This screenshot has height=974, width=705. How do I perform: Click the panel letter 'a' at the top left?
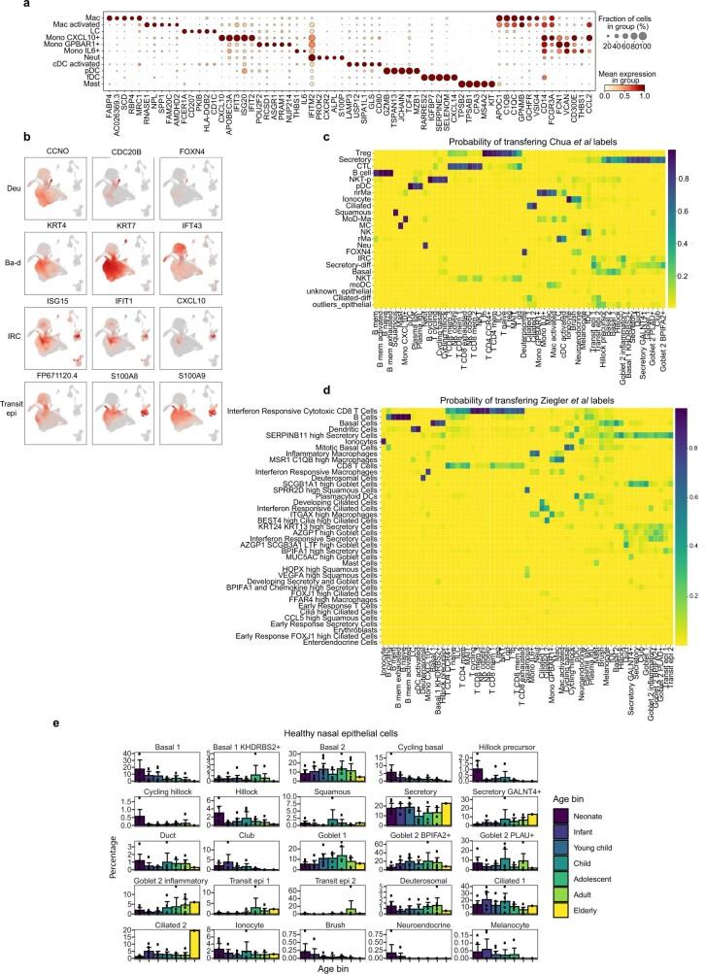[x=6, y=6]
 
